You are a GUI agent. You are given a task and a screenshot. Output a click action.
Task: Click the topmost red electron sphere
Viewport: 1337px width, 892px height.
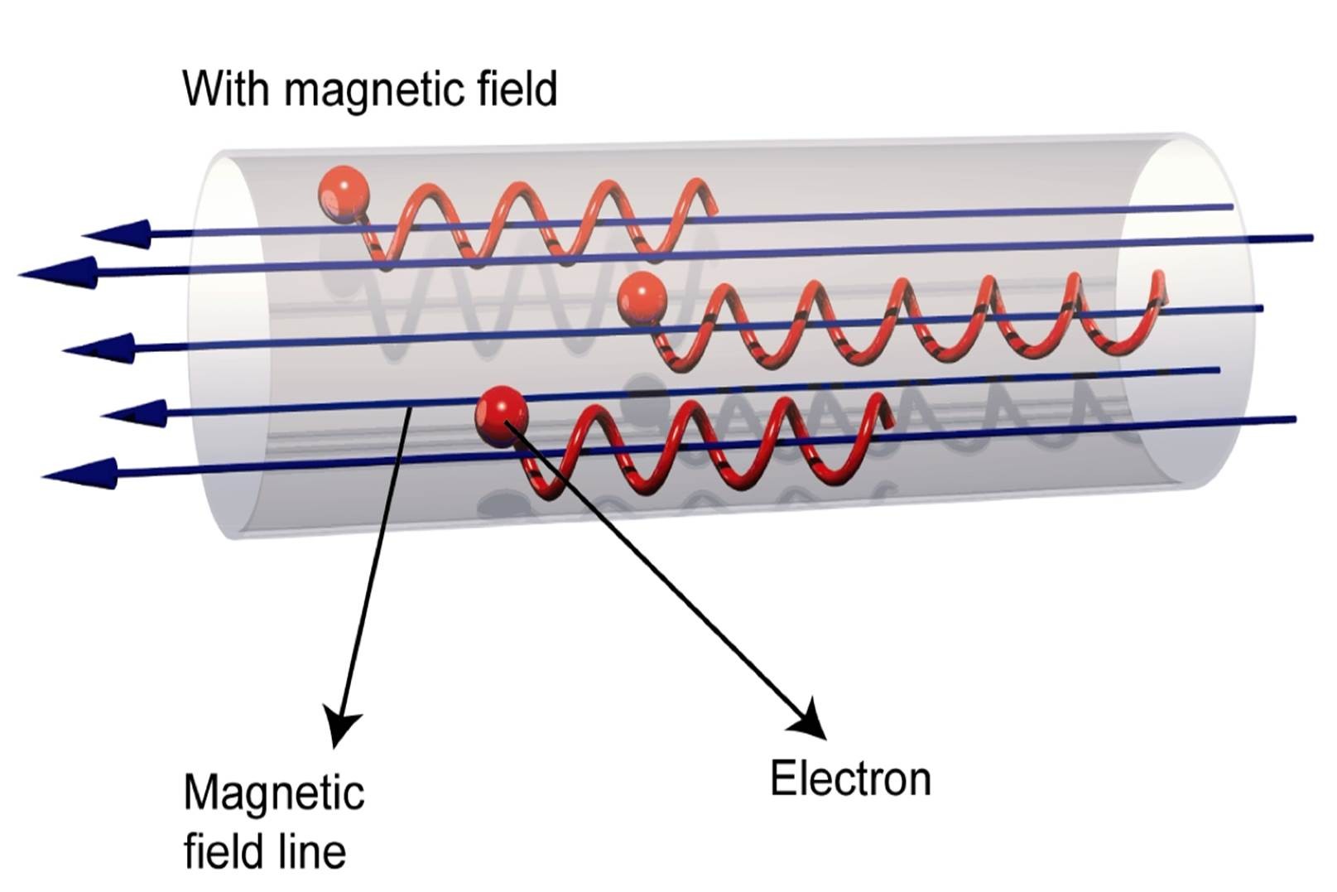[x=342, y=192]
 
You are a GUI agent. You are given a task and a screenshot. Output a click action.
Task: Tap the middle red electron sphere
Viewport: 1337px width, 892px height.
[x=642, y=299]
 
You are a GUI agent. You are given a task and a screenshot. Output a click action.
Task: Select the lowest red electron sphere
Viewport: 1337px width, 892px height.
[x=502, y=415]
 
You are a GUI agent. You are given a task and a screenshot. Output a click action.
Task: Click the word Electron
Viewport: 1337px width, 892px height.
[x=850, y=779]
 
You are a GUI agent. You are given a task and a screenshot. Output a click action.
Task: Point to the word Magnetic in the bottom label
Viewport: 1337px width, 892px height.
[x=274, y=793]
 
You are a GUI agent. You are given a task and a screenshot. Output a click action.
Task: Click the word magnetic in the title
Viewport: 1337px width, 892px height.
[x=375, y=89]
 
